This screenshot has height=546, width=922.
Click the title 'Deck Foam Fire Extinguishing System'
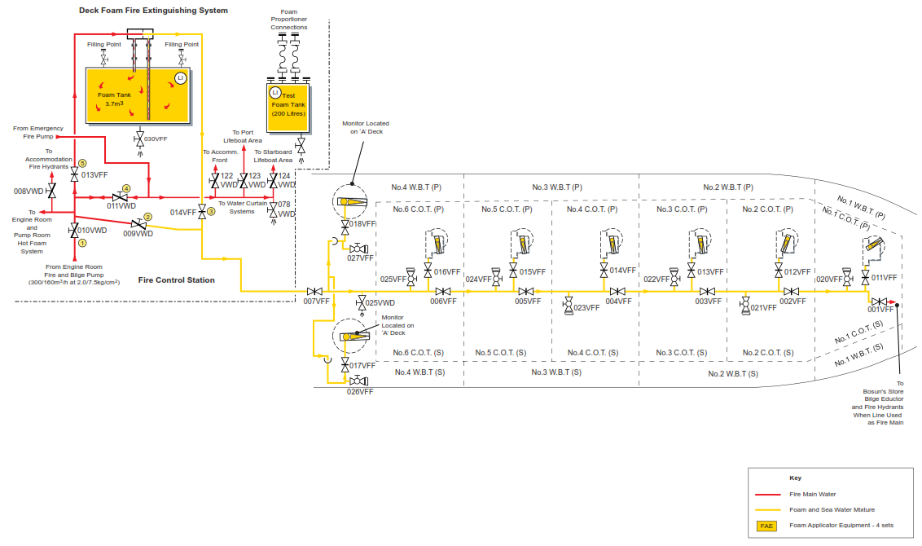pos(153,11)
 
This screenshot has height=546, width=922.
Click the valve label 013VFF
pos(94,175)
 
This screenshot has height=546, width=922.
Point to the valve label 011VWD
pos(122,206)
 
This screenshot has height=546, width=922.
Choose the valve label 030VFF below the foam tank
pos(156,139)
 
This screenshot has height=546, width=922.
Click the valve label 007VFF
pos(316,302)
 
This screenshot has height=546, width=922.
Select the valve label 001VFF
pos(880,310)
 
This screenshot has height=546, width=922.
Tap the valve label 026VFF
pos(359,392)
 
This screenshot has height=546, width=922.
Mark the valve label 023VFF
pos(586,308)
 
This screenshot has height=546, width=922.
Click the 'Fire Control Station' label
pos(176,280)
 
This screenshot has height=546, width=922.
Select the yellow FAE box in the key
pos(766,526)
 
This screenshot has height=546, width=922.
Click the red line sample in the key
pos(766,494)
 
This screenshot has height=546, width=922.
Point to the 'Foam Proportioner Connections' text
pos(289,19)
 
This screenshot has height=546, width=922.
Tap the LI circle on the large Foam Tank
pos(181,78)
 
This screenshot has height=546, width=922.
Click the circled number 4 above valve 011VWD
pos(126,188)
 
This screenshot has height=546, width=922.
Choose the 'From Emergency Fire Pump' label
pos(38,132)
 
